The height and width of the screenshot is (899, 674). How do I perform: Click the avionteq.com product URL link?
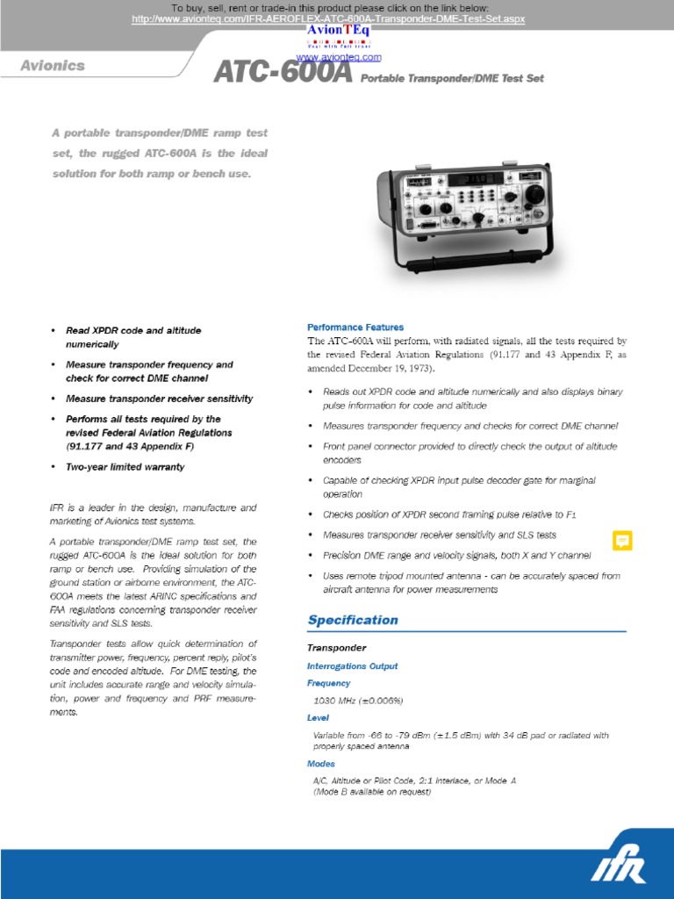[328, 18]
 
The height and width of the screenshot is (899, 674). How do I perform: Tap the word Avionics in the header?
[54, 65]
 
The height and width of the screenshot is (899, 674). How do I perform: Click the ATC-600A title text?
[283, 74]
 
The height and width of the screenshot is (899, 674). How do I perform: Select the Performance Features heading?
[355, 327]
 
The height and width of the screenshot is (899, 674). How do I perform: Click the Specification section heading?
[352, 620]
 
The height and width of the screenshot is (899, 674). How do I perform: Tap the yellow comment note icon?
[622, 541]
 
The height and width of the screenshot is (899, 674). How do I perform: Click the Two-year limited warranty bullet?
[125, 467]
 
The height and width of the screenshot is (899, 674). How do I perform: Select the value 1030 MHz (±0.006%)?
[358, 701]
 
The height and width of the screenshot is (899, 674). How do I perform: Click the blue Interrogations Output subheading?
[352, 666]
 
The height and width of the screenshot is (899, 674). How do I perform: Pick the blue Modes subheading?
[321, 764]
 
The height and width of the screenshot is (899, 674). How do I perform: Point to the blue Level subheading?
[319, 717]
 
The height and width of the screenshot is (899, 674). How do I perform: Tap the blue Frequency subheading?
[328, 683]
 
